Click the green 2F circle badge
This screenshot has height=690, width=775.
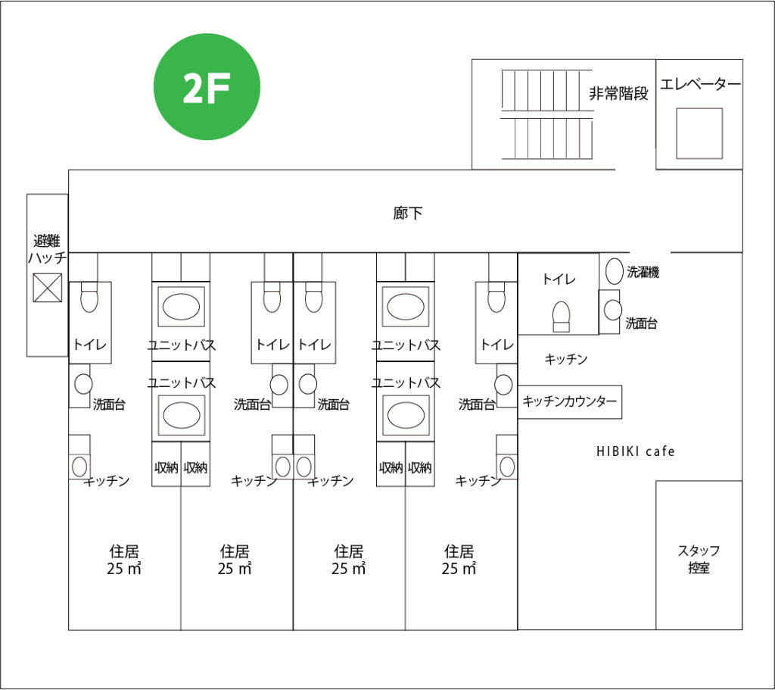(x=207, y=87)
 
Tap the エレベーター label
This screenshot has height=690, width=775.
(x=699, y=84)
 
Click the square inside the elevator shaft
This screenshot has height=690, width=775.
(x=699, y=133)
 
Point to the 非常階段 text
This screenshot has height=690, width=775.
(x=618, y=94)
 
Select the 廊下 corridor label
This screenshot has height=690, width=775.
(x=408, y=214)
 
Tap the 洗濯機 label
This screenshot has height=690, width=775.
(x=643, y=273)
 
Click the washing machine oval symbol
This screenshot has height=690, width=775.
(x=613, y=271)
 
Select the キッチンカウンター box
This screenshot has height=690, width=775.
(x=570, y=401)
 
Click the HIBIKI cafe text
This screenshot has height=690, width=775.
(x=634, y=451)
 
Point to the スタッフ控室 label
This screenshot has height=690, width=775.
(x=699, y=559)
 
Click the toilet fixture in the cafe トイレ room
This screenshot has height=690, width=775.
(x=561, y=316)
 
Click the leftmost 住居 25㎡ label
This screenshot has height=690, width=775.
(x=124, y=560)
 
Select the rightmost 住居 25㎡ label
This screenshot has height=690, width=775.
(x=459, y=560)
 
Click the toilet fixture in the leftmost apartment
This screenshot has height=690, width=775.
(x=89, y=298)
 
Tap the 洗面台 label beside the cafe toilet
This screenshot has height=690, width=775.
(x=641, y=323)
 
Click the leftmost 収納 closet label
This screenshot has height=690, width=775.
(x=167, y=467)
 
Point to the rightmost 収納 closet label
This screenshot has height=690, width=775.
(x=419, y=467)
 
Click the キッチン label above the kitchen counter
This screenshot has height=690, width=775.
(x=566, y=360)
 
